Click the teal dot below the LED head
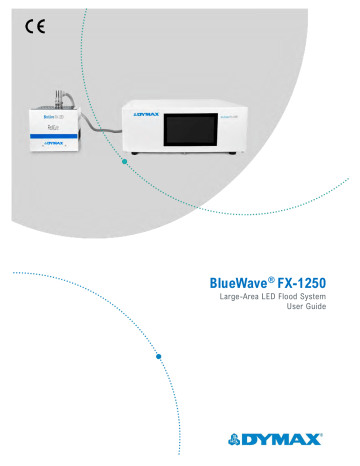[124, 166]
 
